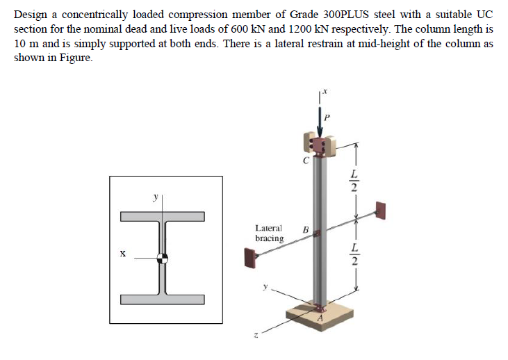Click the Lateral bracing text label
click(x=269, y=233)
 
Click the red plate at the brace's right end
click(x=380, y=210)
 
